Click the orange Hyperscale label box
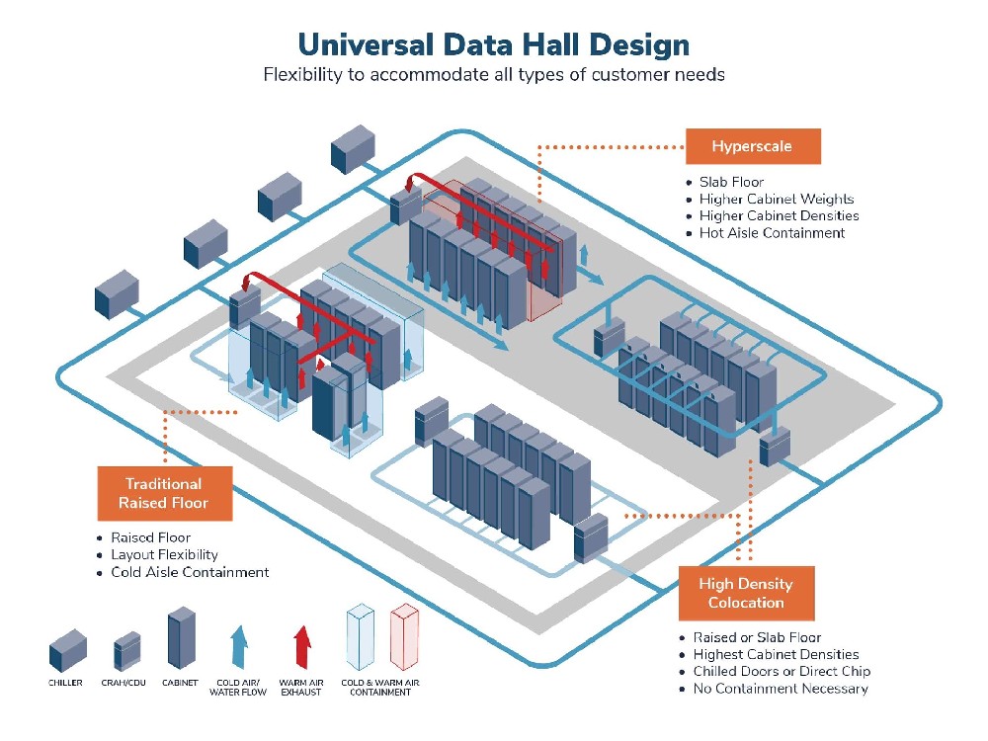[x=753, y=146]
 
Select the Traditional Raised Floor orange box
[x=164, y=493]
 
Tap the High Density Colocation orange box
[x=746, y=593]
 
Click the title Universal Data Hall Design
[x=493, y=45]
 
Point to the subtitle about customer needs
[x=493, y=75]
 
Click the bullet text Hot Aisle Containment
[x=772, y=233]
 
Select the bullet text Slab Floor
[x=731, y=182]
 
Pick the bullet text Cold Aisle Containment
[x=190, y=572]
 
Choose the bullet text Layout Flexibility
[x=164, y=555]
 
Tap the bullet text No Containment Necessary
[x=781, y=689]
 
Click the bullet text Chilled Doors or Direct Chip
[x=782, y=672]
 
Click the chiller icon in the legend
[x=67, y=650]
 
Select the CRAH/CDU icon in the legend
[x=126, y=651]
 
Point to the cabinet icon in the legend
[x=182, y=637]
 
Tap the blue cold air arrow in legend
[x=239, y=646]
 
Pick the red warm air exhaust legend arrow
[x=302, y=646]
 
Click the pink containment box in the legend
[x=404, y=636]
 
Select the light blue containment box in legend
[x=361, y=636]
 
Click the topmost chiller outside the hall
[x=353, y=149]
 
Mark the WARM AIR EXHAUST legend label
[x=301, y=688]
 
